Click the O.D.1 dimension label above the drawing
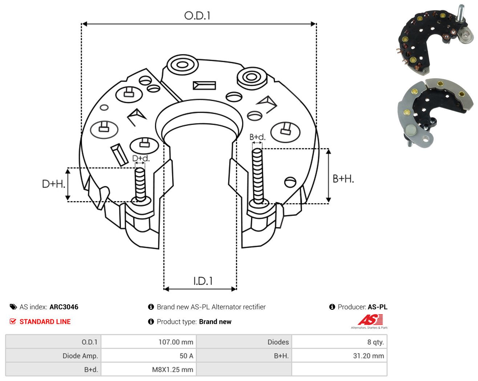point(197,16)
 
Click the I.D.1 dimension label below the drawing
point(203,281)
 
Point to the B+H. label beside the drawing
point(343,179)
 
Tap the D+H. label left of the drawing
point(53,184)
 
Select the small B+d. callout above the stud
point(257,137)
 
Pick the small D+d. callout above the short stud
point(141,158)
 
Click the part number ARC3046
point(64,307)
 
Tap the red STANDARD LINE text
point(45,322)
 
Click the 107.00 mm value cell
point(149,342)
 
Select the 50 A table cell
point(149,356)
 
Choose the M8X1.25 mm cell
point(149,369)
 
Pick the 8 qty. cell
point(339,342)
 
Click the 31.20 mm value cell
point(339,356)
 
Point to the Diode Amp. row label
point(80,356)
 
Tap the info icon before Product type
point(151,322)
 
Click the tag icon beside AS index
point(13,307)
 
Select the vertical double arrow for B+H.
point(328,176)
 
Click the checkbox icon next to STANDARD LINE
point(13,321)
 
